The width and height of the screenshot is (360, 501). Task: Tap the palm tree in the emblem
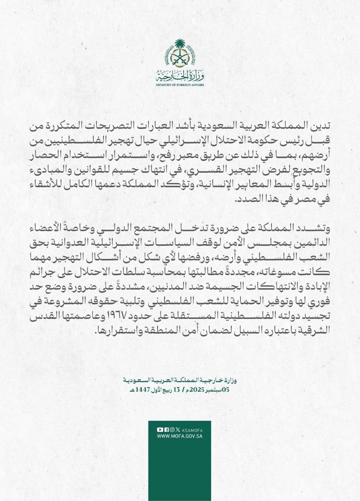pos(180,46)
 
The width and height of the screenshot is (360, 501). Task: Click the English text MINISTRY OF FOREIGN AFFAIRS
pos(180,85)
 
